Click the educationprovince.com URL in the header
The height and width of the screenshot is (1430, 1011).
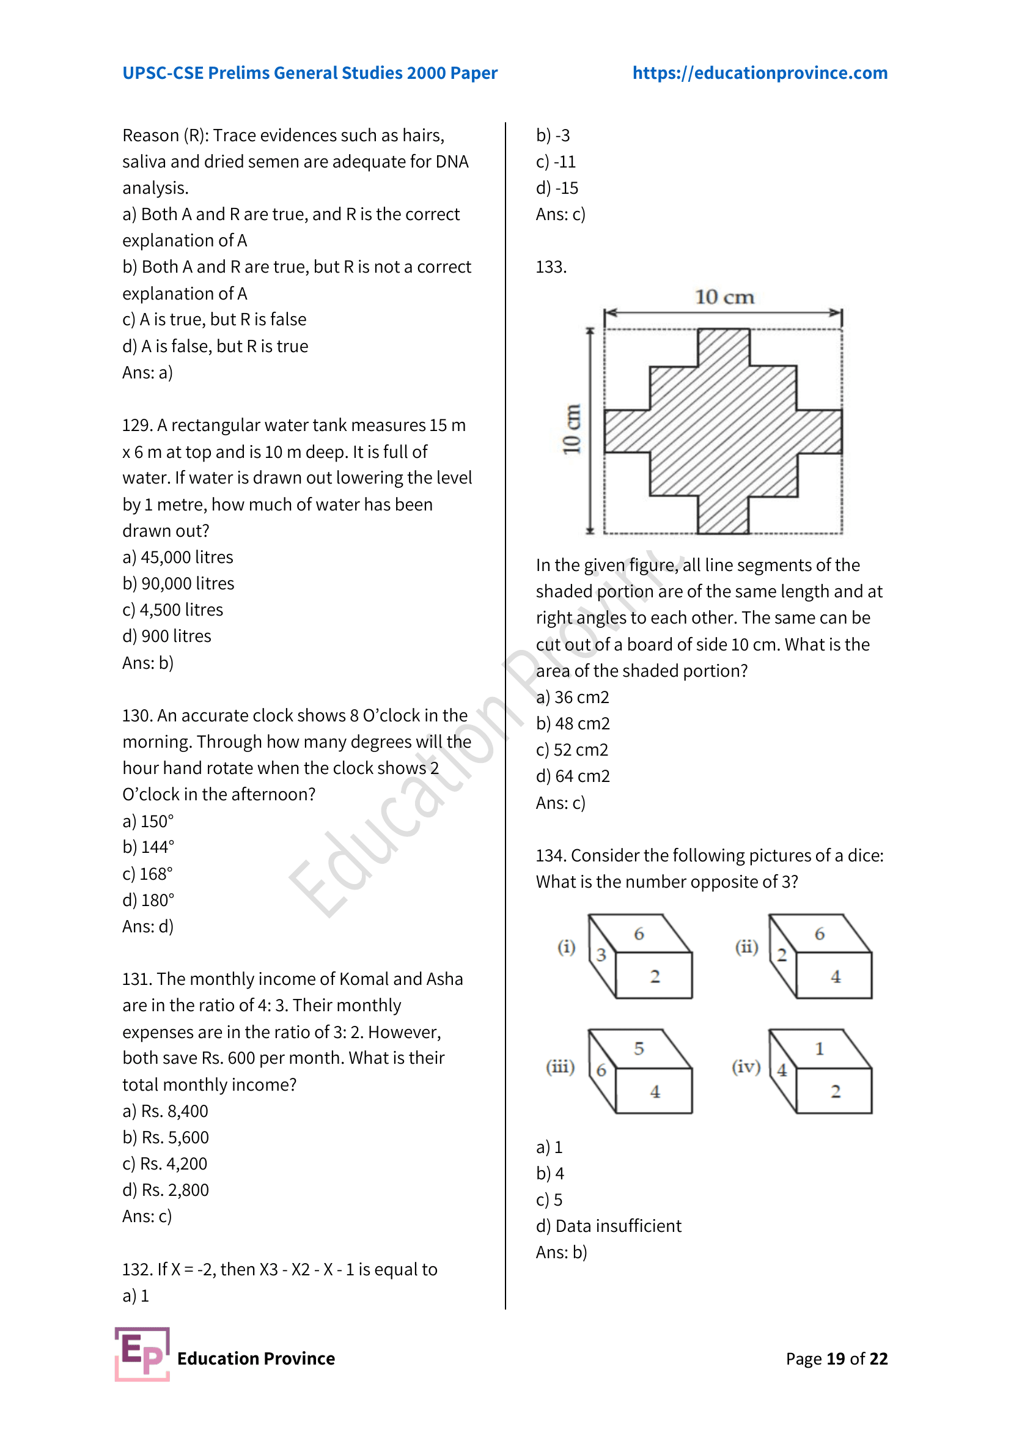[760, 73]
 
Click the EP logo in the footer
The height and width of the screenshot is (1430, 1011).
[142, 1354]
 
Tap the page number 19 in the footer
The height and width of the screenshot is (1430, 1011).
[836, 1358]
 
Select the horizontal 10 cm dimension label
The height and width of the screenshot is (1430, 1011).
[724, 297]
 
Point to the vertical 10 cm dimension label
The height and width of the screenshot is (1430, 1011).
[572, 429]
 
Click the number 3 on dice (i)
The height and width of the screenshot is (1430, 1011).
[601, 955]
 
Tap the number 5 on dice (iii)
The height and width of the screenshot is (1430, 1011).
[639, 1049]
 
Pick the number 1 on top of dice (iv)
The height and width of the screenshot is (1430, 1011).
[819, 1049]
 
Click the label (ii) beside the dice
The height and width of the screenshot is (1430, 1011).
[746, 947]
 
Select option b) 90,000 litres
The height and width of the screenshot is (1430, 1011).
[178, 584]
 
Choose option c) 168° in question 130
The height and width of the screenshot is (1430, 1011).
[147, 874]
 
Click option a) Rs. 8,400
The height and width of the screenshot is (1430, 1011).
[165, 1111]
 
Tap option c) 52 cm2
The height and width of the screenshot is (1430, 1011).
[572, 750]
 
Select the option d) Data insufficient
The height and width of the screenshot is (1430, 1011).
[608, 1226]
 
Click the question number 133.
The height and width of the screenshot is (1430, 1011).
[550, 267]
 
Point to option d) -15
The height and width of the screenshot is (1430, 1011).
[557, 188]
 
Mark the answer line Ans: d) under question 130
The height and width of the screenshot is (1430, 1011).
[147, 927]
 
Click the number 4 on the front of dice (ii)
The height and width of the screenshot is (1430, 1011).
[836, 976]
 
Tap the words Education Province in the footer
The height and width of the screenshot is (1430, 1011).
[256, 1358]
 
